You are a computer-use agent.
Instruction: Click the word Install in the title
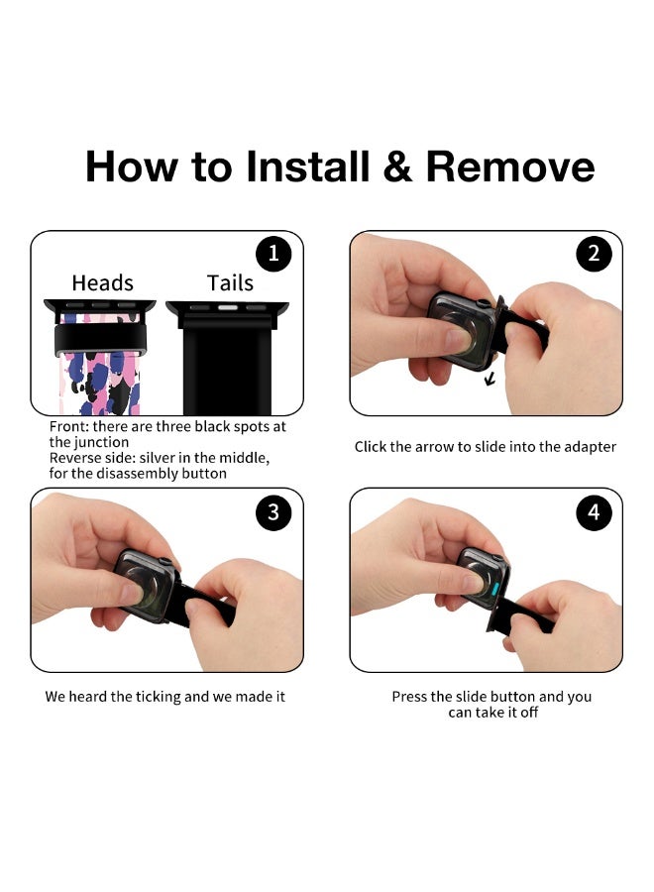pyautogui.click(x=307, y=167)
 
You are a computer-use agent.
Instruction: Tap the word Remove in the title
pyautogui.click(x=510, y=167)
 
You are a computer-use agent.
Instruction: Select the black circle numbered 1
pyautogui.click(x=273, y=254)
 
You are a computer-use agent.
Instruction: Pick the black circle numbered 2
pyautogui.click(x=594, y=254)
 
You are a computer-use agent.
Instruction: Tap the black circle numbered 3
pyautogui.click(x=273, y=512)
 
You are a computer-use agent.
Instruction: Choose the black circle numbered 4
pyautogui.click(x=594, y=512)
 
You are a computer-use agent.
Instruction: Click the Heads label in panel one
pyautogui.click(x=102, y=282)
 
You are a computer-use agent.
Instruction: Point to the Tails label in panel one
pyautogui.click(x=230, y=282)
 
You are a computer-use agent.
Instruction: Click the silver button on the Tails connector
pyautogui.click(x=228, y=308)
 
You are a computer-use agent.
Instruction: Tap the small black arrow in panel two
pyautogui.click(x=490, y=378)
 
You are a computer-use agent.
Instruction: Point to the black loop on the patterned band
pyautogui.click(x=101, y=339)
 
